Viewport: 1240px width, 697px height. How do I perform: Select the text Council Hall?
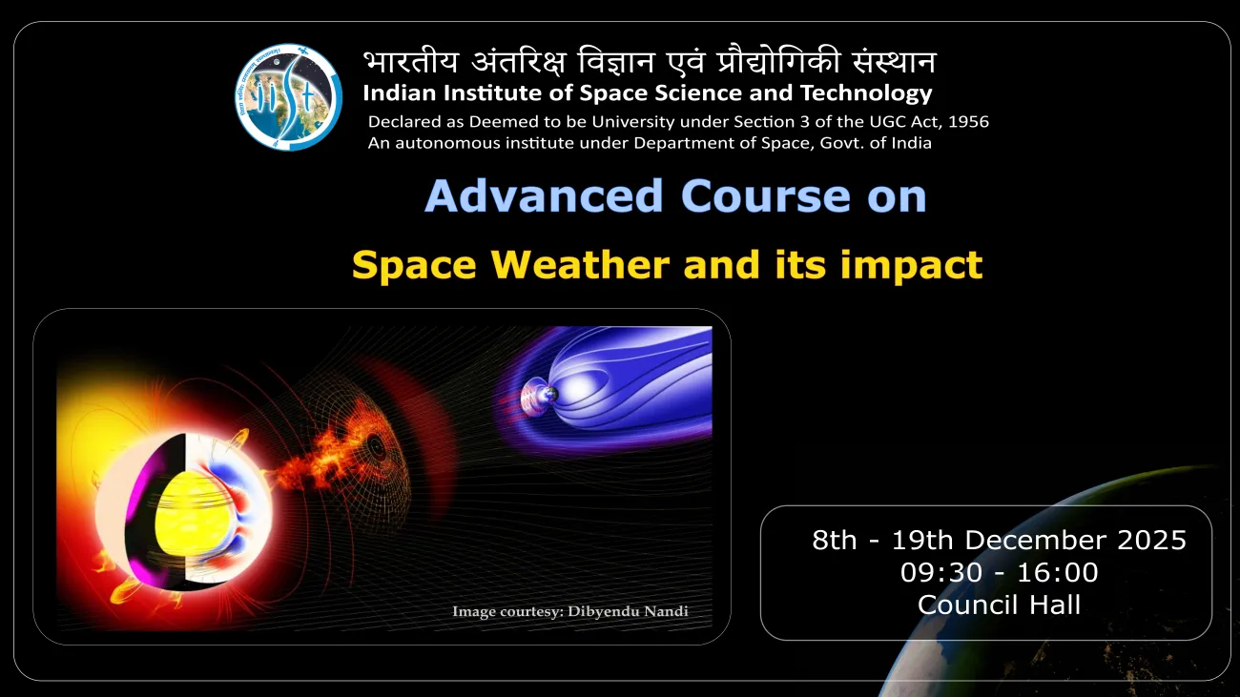coord(999,605)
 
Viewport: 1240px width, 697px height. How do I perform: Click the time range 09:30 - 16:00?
coord(999,572)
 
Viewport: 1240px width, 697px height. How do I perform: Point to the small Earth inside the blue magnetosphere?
coord(548,394)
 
